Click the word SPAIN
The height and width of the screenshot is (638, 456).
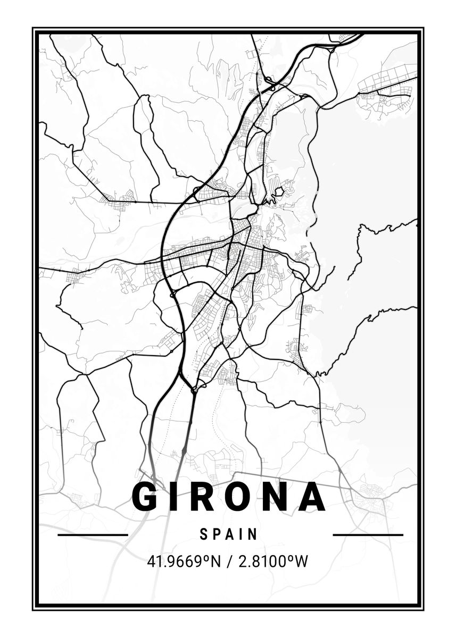click(229, 534)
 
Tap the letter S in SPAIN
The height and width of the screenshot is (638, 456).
click(204, 534)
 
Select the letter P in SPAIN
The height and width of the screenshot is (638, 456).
click(217, 534)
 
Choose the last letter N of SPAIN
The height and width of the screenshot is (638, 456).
click(254, 534)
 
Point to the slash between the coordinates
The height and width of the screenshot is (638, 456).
click(227, 561)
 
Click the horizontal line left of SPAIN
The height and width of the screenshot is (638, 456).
click(93, 535)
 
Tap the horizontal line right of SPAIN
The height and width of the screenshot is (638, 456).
click(368, 535)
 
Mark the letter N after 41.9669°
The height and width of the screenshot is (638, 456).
click(215, 561)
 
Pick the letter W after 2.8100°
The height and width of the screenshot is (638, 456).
click(301, 561)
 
